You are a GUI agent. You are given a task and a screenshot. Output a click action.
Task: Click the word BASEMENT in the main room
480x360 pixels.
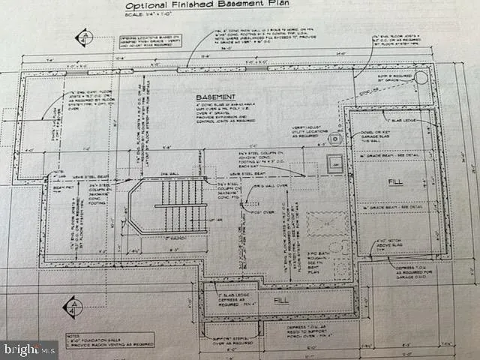[216, 97]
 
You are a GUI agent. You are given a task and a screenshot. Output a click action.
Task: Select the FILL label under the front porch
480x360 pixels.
[280, 300]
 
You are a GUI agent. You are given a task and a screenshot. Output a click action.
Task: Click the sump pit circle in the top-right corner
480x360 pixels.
[421, 77]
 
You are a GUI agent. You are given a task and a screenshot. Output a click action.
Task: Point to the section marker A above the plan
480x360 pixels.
[85, 37]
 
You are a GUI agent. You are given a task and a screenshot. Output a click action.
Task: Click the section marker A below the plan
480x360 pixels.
[74, 307]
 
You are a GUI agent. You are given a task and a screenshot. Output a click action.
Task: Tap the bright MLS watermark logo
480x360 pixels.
[30, 349]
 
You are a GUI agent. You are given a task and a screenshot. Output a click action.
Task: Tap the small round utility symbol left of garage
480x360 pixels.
[334, 139]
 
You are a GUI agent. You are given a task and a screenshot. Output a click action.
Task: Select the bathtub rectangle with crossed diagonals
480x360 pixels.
[327, 223]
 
